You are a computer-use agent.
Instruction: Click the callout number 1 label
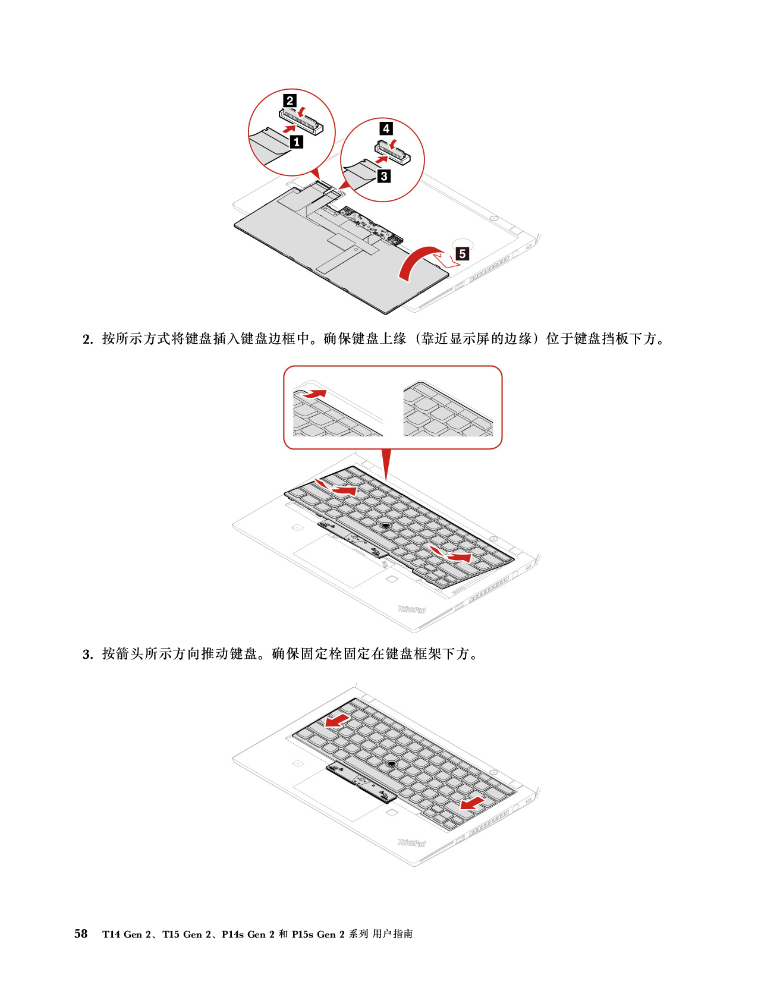click(x=296, y=142)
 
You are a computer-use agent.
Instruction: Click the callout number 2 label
click(x=290, y=100)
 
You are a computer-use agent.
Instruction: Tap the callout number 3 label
click(x=384, y=176)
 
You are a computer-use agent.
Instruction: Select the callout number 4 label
click(x=386, y=128)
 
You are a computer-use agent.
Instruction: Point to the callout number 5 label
click(x=462, y=254)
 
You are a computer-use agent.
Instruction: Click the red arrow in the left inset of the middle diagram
click(x=315, y=394)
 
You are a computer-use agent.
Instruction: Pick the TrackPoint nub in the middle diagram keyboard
click(x=386, y=524)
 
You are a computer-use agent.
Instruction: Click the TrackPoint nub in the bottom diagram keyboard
click(x=391, y=762)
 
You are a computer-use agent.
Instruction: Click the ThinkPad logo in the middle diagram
click(x=411, y=609)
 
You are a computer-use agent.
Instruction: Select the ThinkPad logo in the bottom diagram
click(x=411, y=842)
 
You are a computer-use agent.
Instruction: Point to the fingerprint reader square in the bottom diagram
click(x=391, y=812)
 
